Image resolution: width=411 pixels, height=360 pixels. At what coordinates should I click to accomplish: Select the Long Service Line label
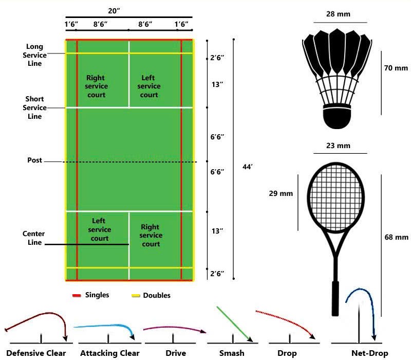click(35, 55)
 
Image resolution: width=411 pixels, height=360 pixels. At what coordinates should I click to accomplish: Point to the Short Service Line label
click(35, 107)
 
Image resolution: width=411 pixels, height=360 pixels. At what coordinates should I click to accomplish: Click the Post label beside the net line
click(34, 160)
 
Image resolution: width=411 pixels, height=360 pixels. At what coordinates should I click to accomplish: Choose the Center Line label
click(34, 238)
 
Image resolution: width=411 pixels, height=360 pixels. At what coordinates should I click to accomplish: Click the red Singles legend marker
click(77, 296)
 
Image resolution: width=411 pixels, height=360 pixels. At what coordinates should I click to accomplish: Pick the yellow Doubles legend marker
click(136, 296)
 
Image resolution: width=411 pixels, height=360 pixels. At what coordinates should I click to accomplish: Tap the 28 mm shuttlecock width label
click(338, 14)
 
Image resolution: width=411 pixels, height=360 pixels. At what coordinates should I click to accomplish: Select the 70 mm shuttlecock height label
click(396, 68)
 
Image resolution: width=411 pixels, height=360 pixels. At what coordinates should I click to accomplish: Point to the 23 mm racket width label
click(338, 146)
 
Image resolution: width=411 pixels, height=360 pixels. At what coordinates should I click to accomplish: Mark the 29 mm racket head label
click(281, 193)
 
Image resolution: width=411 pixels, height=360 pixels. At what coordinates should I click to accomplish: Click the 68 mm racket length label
click(396, 237)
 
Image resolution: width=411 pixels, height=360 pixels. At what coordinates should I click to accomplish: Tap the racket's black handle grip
click(335, 298)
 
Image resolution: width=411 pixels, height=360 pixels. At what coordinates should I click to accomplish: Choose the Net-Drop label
click(369, 353)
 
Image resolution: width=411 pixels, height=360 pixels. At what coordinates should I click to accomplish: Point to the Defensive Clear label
click(36, 353)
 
